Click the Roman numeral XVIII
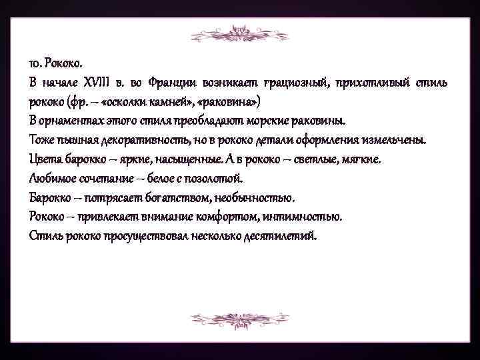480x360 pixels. tap(99, 83)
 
